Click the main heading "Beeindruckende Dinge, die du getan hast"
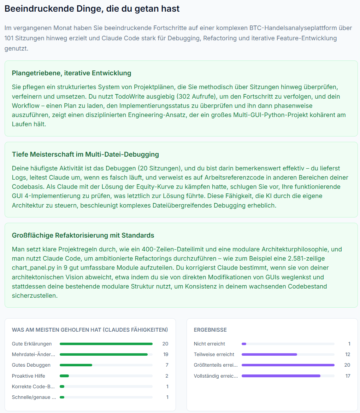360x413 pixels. click(x=92, y=9)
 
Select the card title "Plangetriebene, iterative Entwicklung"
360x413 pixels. click(x=71, y=73)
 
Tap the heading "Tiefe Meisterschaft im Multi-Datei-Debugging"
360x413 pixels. click(x=85, y=154)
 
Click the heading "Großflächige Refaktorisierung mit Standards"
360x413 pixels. click(x=83, y=235)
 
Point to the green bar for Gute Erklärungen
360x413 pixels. click(x=106, y=344)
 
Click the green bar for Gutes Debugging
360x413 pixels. click(x=76, y=365)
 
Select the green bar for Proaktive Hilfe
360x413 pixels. click(x=64, y=376)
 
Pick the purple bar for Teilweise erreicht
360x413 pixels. click(x=269, y=354)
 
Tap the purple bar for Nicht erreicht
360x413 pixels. click(x=244, y=344)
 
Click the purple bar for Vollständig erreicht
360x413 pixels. click(x=281, y=376)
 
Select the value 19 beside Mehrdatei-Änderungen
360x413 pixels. click(x=165, y=354)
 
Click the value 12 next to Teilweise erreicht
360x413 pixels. click(x=348, y=354)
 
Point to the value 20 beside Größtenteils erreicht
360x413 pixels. click(x=347, y=365)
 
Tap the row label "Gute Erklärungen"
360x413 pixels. click(x=32, y=344)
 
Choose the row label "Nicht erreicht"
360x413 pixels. click(x=209, y=344)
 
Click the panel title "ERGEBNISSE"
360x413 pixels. click(x=210, y=330)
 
